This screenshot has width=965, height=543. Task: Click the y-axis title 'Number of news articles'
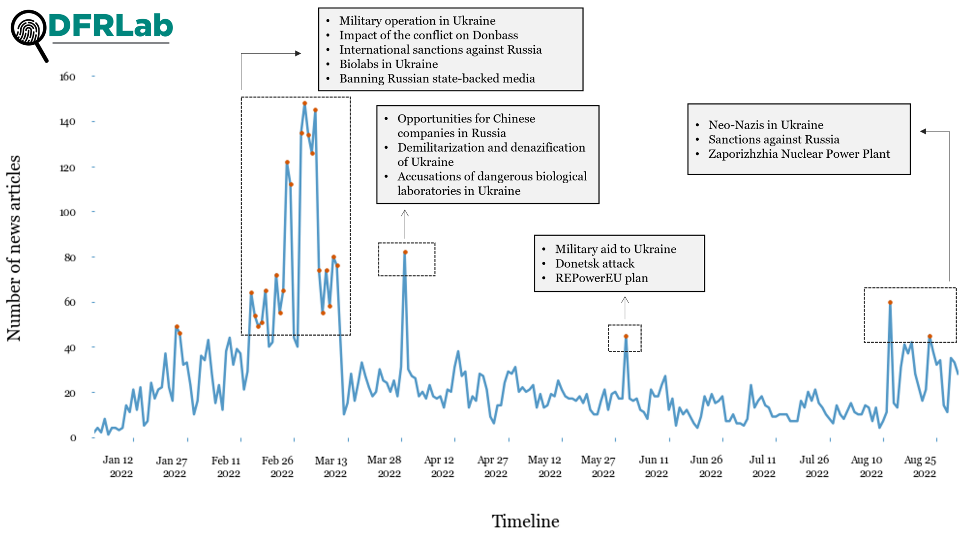tap(14, 248)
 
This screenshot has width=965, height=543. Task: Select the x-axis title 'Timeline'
tap(525, 521)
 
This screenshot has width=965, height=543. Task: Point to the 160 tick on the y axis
tap(67, 77)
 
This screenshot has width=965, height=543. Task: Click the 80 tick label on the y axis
tap(70, 258)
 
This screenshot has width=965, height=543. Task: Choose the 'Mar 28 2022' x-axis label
tap(384, 466)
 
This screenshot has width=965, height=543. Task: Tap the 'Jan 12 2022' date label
tap(118, 466)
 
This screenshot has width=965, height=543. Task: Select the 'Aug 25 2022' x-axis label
tap(920, 466)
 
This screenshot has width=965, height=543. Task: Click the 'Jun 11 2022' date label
tap(654, 466)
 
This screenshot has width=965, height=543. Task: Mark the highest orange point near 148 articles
tap(305, 103)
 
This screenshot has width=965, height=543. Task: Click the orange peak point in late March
tap(405, 252)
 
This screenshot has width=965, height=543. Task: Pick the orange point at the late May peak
tap(626, 336)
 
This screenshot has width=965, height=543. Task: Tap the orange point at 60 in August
tap(890, 302)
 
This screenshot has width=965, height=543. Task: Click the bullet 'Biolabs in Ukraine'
tap(388, 64)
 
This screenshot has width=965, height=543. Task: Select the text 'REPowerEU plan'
tap(601, 278)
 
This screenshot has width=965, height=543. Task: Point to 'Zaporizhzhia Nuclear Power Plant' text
tap(799, 154)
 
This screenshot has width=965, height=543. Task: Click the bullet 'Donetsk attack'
tap(595, 264)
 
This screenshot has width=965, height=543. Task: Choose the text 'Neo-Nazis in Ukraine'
tap(766, 125)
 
